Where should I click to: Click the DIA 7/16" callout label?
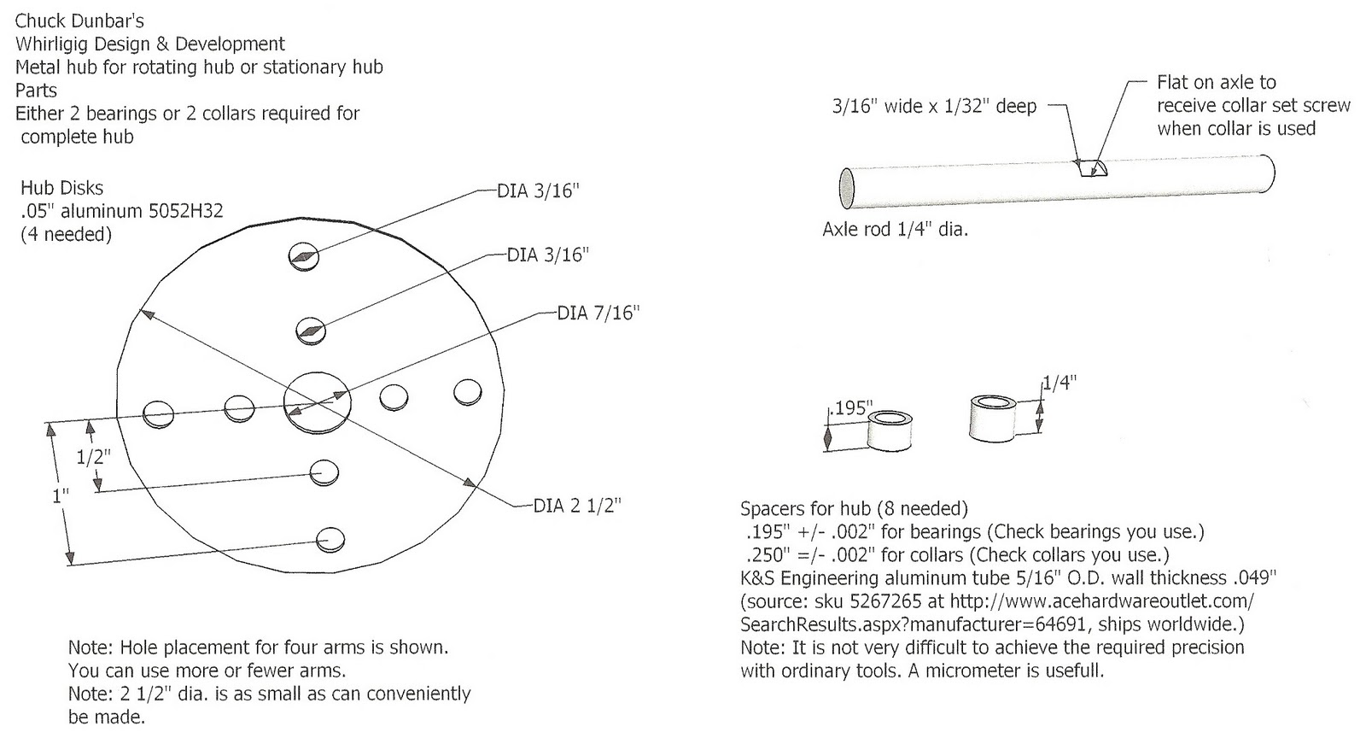click(598, 313)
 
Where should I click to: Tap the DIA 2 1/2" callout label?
click(577, 506)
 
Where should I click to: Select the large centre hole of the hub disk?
click(317, 400)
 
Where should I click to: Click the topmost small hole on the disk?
click(304, 255)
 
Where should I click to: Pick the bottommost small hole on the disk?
click(330, 539)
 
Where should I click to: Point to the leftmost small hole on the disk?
click(159, 413)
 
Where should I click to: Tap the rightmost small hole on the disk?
click(468, 391)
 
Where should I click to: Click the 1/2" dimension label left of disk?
click(93, 457)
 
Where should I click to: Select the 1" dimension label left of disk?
click(61, 495)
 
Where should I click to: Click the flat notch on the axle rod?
click(1089, 168)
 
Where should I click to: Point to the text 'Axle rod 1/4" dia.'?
click(895, 230)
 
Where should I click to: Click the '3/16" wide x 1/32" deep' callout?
click(934, 107)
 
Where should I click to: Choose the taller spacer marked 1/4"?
click(993, 418)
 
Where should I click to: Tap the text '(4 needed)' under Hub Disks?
click(66, 234)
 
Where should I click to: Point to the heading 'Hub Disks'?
click(61, 188)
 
